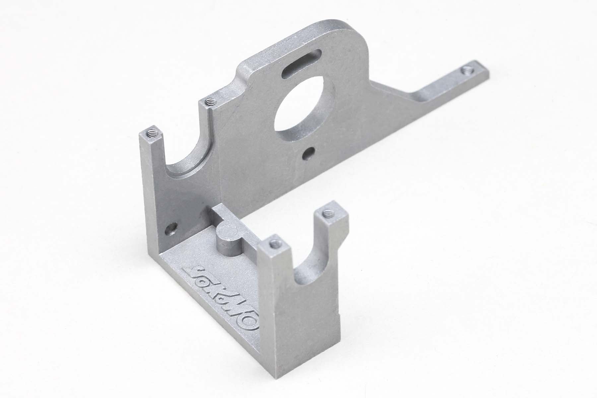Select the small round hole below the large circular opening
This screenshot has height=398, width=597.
(x=310, y=153)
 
